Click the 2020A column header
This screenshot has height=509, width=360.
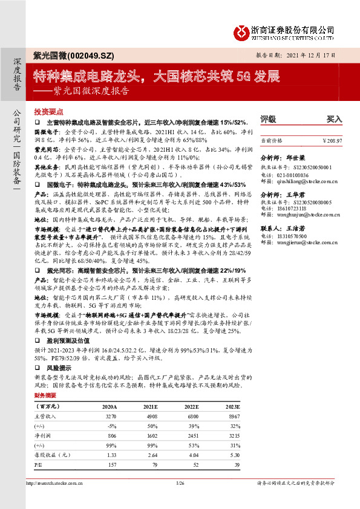coord(110,407)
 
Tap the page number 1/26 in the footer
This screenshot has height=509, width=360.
coord(179,483)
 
